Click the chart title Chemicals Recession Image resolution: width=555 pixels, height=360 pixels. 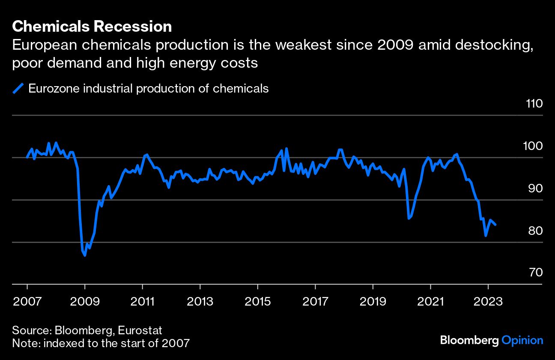pyautogui.click(x=92, y=27)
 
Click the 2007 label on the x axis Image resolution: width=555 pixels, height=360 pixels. pyautogui.click(x=27, y=301)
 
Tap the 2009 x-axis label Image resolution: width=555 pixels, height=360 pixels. pyautogui.click(x=85, y=301)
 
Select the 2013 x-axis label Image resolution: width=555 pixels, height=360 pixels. pyautogui.click(x=200, y=301)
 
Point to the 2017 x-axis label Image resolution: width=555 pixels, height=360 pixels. pyautogui.click(x=315, y=301)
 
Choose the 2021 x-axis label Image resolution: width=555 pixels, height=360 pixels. pyautogui.click(x=430, y=301)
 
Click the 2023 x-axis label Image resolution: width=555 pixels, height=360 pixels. pyautogui.click(x=488, y=301)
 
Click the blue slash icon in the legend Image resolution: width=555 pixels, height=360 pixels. pyautogui.click(x=18, y=89)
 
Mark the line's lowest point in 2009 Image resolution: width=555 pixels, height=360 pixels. pyautogui.click(x=85, y=255)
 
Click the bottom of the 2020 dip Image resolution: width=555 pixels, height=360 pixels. pyautogui.click(x=409, y=219)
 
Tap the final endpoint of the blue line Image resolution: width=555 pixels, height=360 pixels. pyautogui.click(x=495, y=225)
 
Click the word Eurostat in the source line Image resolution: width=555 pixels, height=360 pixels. pyautogui.click(x=140, y=330)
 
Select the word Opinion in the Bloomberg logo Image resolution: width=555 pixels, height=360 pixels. pyautogui.click(x=522, y=341)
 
